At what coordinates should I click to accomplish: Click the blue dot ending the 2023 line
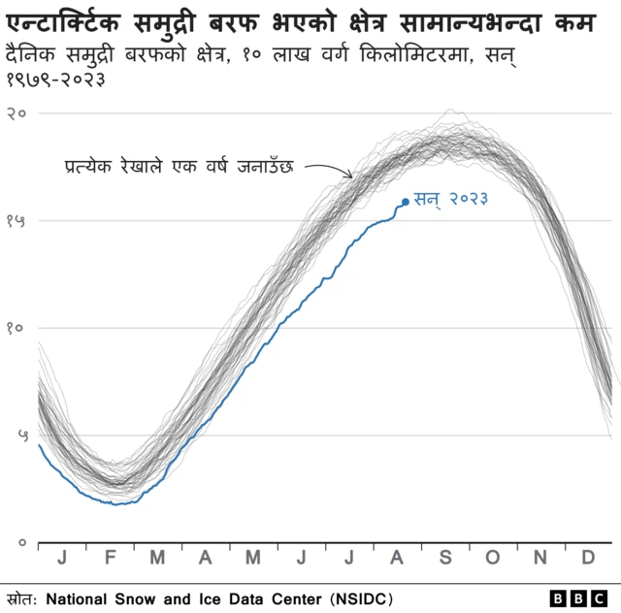(x=405, y=202)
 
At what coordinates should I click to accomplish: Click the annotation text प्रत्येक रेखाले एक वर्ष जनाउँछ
(x=180, y=165)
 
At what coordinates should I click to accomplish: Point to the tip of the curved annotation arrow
(x=352, y=177)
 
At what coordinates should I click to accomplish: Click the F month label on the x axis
(x=110, y=558)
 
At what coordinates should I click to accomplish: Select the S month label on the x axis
(x=445, y=558)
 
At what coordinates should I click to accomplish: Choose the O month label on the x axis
(x=492, y=558)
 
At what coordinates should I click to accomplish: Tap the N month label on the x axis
(x=540, y=558)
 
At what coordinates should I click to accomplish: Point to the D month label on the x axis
(x=588, y=558)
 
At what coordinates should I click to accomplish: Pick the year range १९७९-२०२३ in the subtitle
(x=56, y=76)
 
